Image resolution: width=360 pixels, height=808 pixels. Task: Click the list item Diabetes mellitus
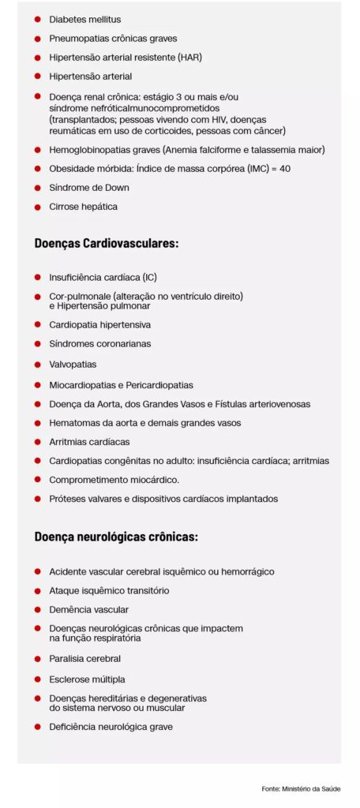(84, 19)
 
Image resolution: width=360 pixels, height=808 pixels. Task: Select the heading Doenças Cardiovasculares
(107, 243)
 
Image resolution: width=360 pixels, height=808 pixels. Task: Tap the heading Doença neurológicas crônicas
(116, 537)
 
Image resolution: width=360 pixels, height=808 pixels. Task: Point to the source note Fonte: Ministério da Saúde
(302, 788)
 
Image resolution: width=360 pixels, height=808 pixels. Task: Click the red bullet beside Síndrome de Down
(37, 188)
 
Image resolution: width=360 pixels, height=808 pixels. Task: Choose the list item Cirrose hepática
(83, 207)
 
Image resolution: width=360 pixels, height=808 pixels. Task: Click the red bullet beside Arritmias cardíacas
(37, 442)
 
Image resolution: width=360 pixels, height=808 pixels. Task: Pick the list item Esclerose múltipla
(87, 679)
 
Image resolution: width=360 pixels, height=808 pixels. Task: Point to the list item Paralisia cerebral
(84, 658)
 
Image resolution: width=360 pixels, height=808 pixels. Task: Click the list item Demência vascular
(88, 609)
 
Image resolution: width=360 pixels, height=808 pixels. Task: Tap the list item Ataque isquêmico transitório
(109, 590)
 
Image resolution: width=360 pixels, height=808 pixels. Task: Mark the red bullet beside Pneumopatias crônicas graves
(37, 38)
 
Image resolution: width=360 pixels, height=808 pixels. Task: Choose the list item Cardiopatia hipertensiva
(99, 324)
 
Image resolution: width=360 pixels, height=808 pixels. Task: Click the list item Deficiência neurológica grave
(111, 727)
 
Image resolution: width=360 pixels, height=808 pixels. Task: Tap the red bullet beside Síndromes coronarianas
(37, 344)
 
